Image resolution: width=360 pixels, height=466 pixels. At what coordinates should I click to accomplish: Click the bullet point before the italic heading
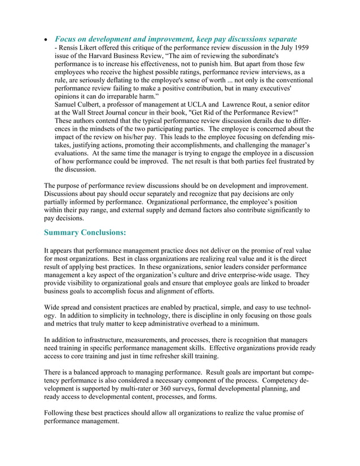(46, 39)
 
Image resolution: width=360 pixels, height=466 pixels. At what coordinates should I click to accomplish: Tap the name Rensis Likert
(81, 48)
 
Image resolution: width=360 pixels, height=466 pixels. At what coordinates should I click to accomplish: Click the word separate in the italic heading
(276, 39)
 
